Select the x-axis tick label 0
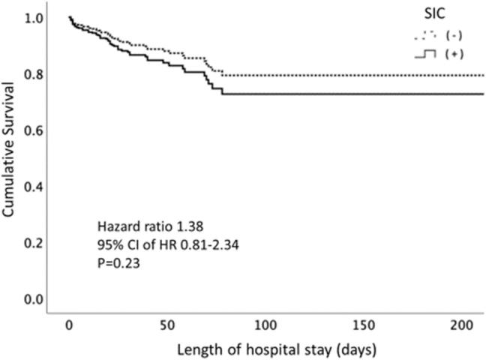tap(69, 327)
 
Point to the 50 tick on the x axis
tap(167, 327)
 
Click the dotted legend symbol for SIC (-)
tap(425, 34)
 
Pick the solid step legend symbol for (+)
tap(425, 53)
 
